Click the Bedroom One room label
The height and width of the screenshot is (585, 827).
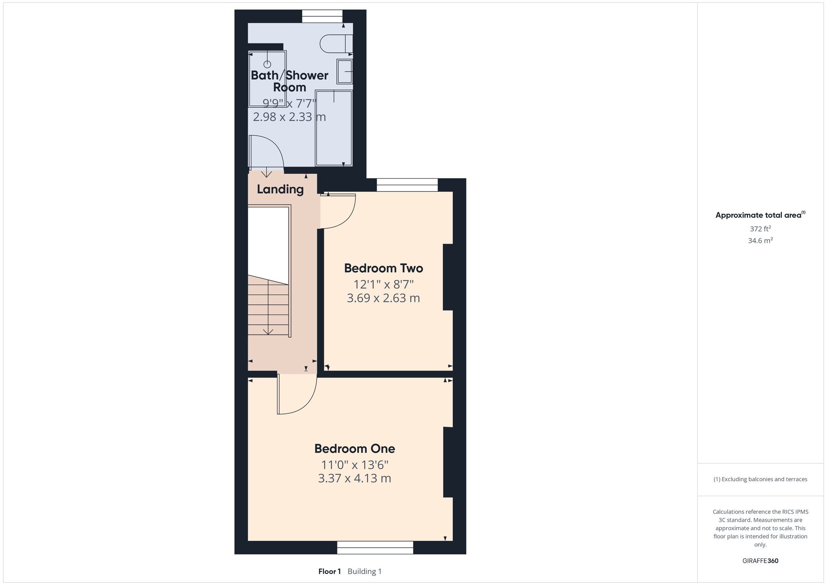click(x=354, y=448)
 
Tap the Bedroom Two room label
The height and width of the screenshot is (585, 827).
click(x=383, y=268)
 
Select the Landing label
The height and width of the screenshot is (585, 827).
click(x=280, y=189)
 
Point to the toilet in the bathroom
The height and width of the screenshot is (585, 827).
click(x=336, y=44)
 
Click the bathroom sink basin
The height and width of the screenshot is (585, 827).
click(x=344, y=71)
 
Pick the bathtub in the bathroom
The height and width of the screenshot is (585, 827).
click(x=334, y=128)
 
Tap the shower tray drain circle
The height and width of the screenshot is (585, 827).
click(x=267, y=64)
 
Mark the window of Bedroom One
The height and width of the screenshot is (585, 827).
click(x=375, y=547)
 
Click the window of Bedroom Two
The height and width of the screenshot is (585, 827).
click(x=407, y=185)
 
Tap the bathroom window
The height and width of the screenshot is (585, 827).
click(x=322, y=16)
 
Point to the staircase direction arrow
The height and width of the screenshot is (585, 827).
click(x=268, y=306)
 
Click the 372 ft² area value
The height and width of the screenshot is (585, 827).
click(x=760, y=228)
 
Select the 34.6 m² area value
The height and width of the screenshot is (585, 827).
click(x=760, y=240)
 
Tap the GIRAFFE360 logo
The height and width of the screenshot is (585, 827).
click(x=760, y=561)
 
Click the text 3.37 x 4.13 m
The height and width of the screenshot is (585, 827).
click(x=354, y=478)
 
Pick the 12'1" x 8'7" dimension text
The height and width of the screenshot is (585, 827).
click(x=383, y=285)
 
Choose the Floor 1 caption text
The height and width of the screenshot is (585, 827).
click(x=330, y=571)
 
